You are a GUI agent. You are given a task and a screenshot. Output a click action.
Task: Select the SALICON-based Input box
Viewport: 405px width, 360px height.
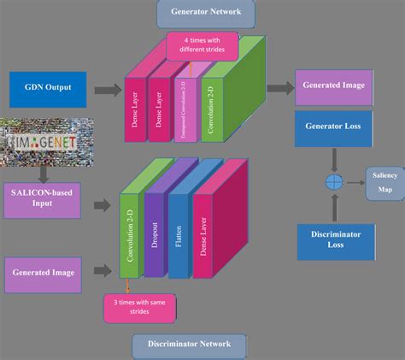(x=43, y=198)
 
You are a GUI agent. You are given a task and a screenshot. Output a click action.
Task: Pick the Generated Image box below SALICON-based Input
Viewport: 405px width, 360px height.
(x=43, y=271)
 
